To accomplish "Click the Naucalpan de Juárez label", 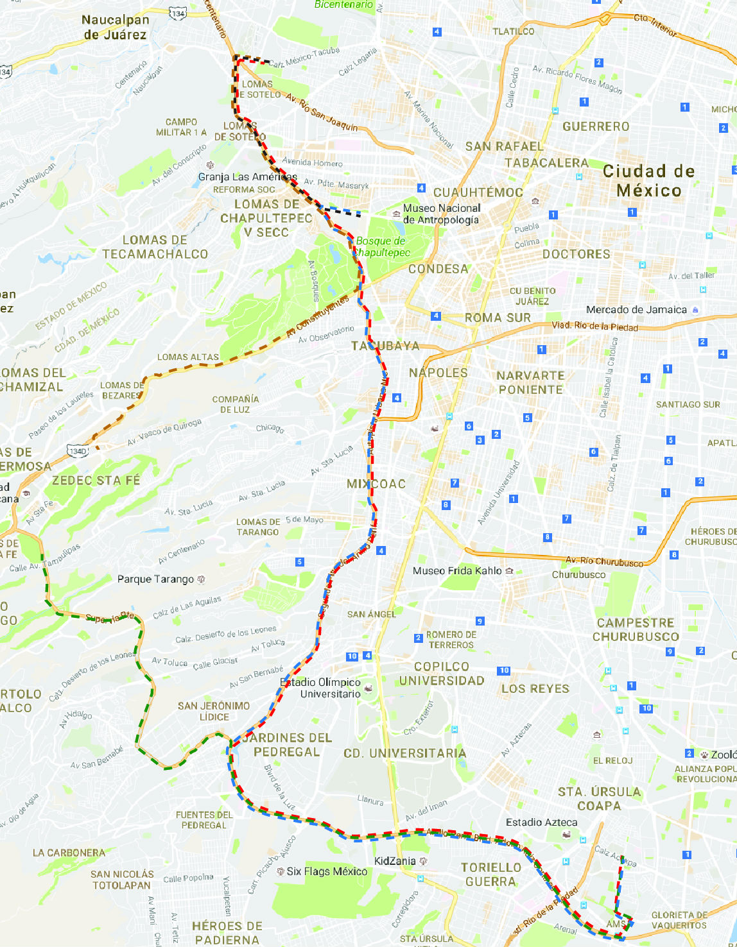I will click(x=116, y=28).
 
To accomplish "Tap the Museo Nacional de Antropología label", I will click(x=441, y=214).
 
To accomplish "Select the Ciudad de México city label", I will click(x=648, y=181).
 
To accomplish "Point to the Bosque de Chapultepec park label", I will click(x=382, y=246).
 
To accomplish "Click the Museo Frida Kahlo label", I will click(x=457, y=570).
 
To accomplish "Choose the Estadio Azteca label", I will click(x=541, y=822).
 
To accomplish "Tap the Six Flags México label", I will click(x=327, y=871).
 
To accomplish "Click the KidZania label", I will click(x=395, y=861).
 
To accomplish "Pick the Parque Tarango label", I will click(x=155, y=579).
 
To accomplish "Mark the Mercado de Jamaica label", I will click(x=636, y=309).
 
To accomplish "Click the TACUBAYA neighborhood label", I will click(x=385, y=346).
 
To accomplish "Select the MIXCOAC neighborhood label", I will click(x=376, y=484).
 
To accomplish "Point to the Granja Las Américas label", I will click(x=247, y=177).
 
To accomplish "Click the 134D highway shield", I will click(x=78, y=452).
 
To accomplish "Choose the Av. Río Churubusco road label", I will click(x=604, y=562).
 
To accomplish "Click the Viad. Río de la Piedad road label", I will click(x=595, y=327).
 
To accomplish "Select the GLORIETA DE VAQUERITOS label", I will click(x=679, y=920).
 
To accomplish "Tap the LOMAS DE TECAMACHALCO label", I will click(x=155, y=247).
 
